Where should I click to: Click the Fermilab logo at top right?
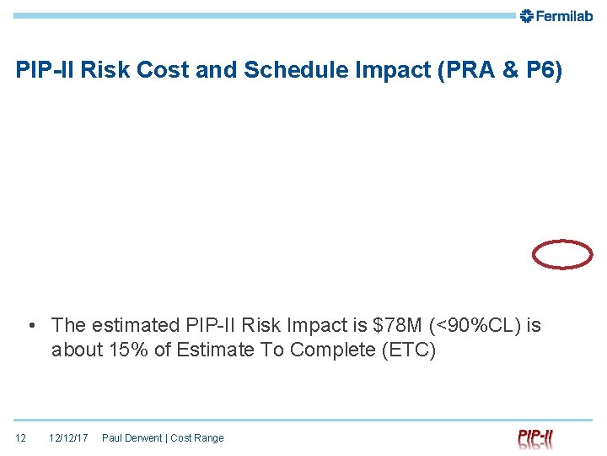(556, 15)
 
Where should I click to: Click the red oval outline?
(562, 254)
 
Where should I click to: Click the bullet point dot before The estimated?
(31, 326)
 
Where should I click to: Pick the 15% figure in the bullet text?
(125, 350)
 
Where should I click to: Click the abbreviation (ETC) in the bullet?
(409, 350)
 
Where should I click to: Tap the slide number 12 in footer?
(21, 438)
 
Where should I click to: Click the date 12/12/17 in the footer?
(68, 438)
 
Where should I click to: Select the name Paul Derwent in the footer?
(132, 438)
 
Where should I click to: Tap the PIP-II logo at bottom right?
(535, 438)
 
